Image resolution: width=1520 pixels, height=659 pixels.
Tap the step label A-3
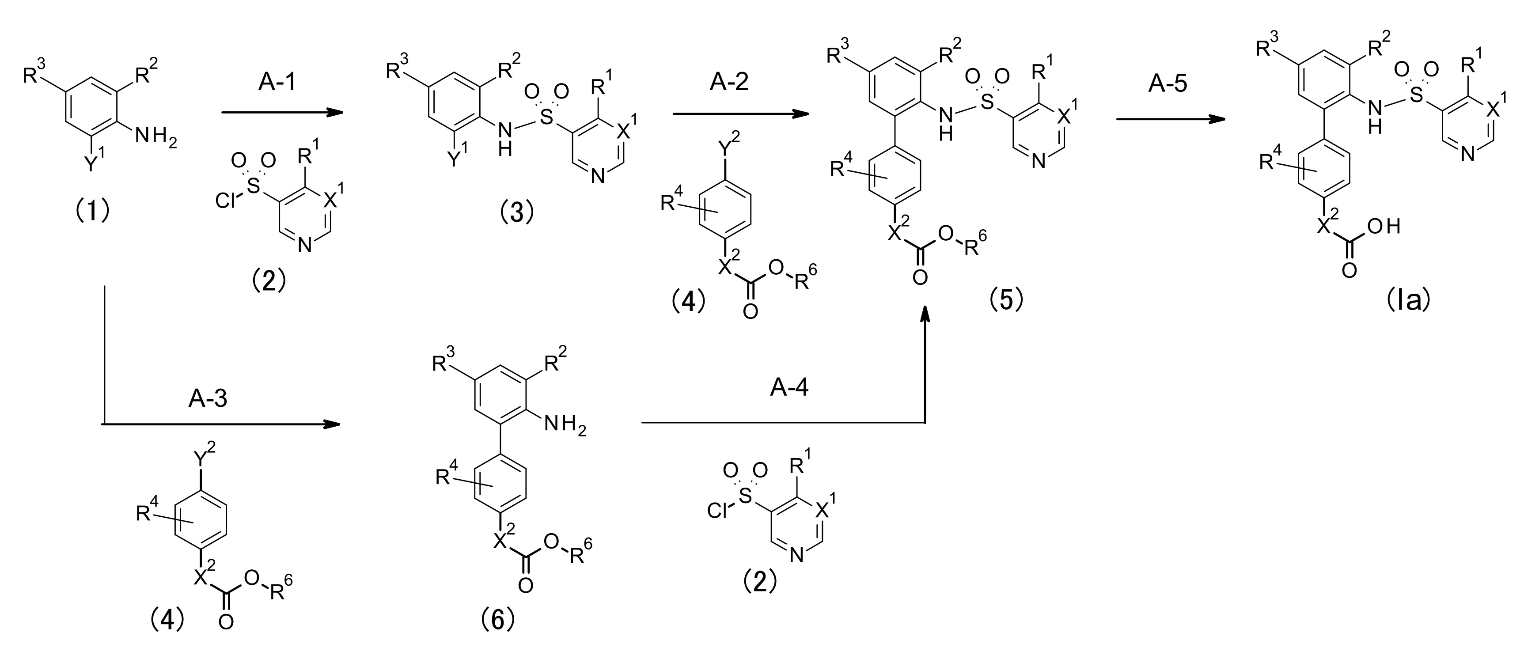pos(208,399)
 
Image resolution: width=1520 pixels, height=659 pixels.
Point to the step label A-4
pos(789,388)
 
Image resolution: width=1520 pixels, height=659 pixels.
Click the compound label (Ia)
pos(1408,301)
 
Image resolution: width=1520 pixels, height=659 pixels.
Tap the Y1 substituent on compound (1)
pos(94,162)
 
